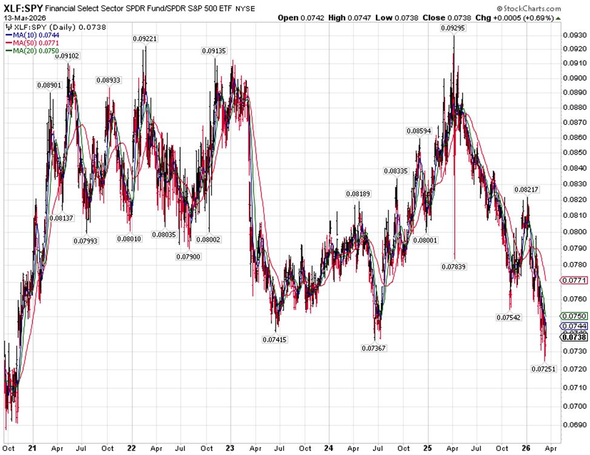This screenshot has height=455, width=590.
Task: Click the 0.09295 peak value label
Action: coord(454,28)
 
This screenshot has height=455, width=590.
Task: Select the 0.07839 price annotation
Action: coord(454,266)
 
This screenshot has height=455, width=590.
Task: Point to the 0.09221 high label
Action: coord(145,39)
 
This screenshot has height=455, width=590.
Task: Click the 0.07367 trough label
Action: coord(374,348)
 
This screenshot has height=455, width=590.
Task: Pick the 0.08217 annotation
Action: coord(527,189)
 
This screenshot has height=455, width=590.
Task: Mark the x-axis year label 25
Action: coord(426,448)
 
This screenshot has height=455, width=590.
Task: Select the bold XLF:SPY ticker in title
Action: coord(21,9)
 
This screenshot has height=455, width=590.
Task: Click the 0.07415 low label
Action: coord(275,339)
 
